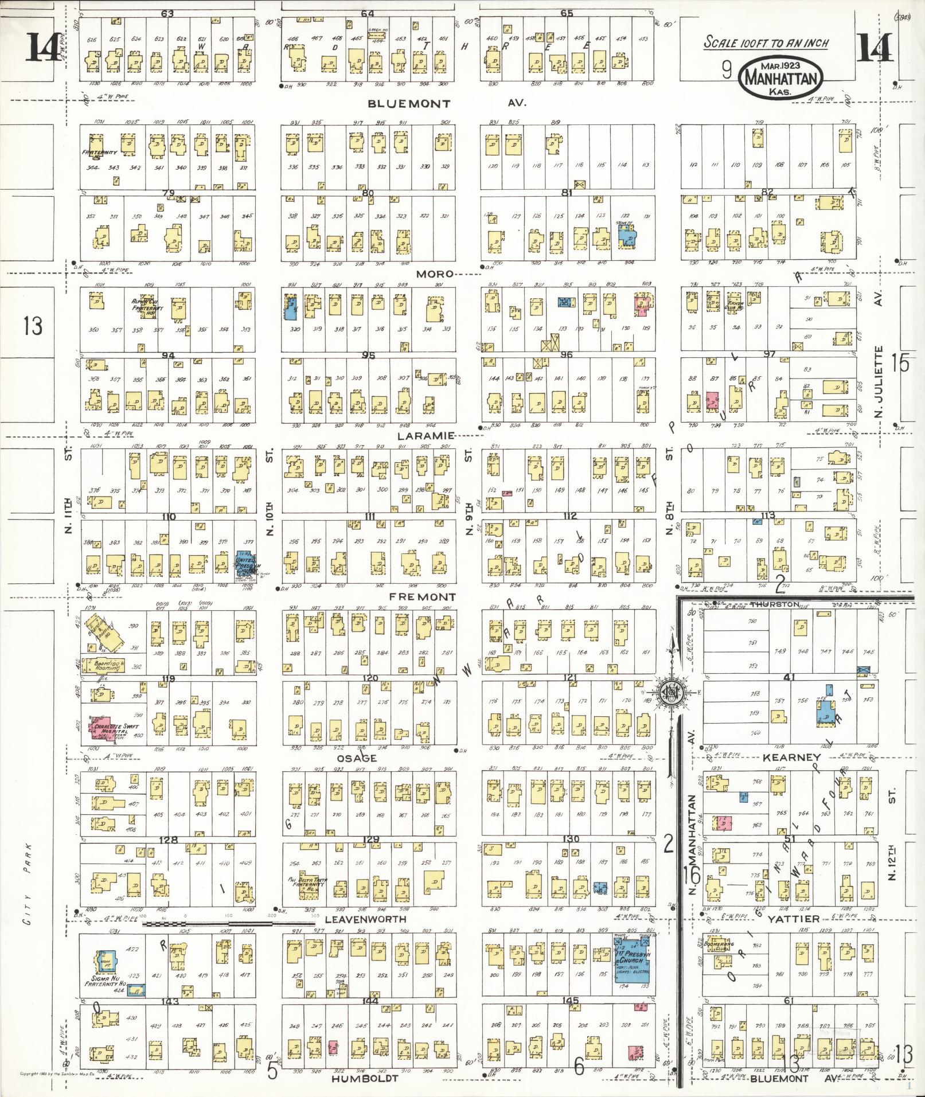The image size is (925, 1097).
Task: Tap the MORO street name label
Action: pos(435,274)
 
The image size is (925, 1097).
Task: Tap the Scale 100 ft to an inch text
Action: pos(766,43)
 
